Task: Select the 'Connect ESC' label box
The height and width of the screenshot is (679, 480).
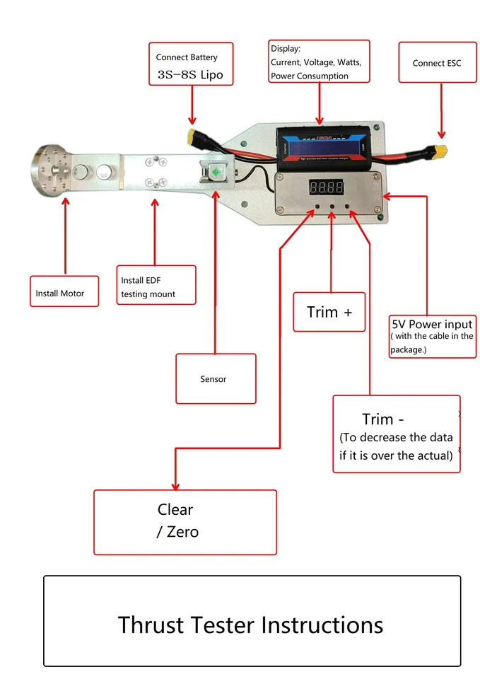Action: pos(437,63)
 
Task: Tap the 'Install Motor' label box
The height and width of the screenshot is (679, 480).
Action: pos(64,291)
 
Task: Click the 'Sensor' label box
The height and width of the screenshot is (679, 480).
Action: pos(216,378)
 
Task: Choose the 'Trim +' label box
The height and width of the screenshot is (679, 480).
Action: pos(329,312)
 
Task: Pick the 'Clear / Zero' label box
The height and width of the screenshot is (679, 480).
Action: pos(185,521)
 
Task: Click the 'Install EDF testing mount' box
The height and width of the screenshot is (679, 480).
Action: pos(156,285)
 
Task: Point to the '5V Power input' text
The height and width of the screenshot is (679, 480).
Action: pos(432,325)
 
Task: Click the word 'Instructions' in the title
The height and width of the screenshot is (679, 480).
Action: pos(322,625)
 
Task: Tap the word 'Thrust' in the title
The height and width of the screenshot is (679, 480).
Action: pos(151,625)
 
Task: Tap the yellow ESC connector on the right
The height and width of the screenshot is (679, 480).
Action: pos(440,151)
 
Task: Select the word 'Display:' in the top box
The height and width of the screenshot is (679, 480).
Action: pos(286,50)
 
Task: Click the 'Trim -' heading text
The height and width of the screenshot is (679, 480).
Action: pos(382,419)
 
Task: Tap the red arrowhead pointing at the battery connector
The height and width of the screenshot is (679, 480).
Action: pos(191,121)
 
